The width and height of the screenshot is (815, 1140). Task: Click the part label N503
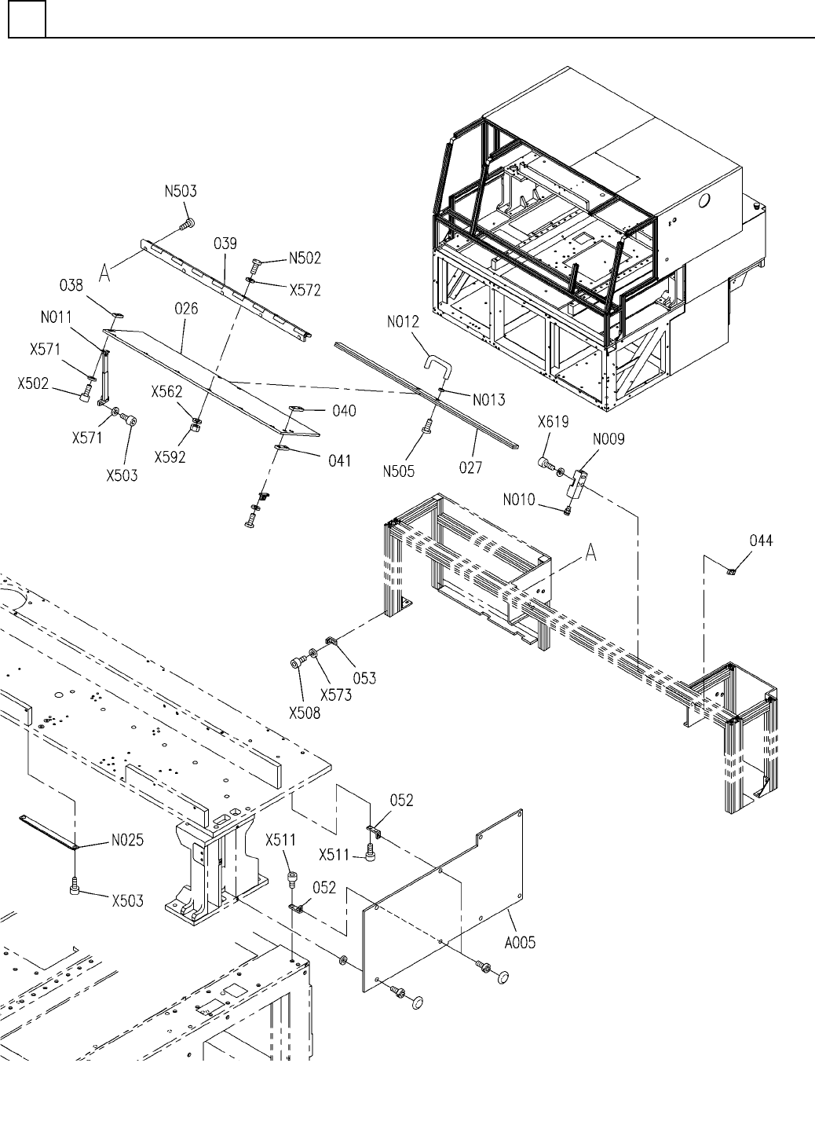(181, 192)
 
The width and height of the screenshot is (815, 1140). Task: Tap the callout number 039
(225, 244)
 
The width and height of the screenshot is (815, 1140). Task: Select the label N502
(305, 258)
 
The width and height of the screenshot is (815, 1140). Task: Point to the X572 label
(305, 290)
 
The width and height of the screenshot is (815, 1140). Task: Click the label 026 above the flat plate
(186, 309)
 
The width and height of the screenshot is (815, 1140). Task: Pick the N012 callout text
(403, 322)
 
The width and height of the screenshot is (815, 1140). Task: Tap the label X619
(554, 422)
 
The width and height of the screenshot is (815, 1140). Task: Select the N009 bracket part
(576, 483)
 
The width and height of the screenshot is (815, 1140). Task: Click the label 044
(761, 541)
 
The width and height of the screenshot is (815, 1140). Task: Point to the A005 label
(520, 943)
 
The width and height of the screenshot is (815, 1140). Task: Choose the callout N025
(127, 840)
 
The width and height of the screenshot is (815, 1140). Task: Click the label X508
(305, 713)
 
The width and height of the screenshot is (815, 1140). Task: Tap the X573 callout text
(336, 695)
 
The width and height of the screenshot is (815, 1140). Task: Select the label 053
(364, 678)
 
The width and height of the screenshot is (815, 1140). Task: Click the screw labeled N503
(187, 225)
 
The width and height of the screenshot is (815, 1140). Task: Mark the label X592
(170, 457)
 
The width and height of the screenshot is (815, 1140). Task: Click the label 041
(339, 461)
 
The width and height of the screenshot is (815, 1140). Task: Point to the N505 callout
(399, 471)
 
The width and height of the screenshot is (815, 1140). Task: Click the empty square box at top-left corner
(27, 19)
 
